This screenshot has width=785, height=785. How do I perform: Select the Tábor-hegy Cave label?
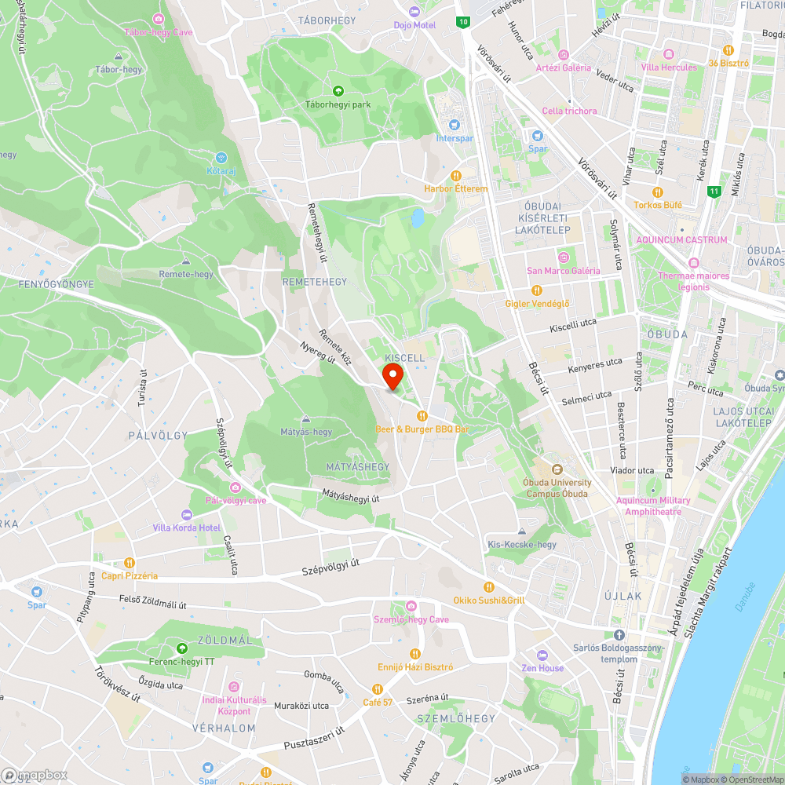158,31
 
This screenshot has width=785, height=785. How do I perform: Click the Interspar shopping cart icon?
454,125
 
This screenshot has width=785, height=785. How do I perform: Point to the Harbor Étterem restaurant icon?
455,176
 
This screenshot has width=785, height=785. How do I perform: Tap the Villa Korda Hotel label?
187,528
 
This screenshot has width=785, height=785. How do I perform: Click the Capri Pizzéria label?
130,575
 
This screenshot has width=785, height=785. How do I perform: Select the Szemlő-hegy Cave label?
411,619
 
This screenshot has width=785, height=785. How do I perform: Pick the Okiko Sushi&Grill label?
489,600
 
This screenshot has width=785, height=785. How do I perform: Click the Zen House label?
542,668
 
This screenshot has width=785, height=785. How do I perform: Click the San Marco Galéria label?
563,271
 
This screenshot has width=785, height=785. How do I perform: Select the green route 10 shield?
464,22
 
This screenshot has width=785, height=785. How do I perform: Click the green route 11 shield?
713,191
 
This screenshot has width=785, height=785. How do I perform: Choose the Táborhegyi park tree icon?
338,91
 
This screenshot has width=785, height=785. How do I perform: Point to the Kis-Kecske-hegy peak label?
522,544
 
